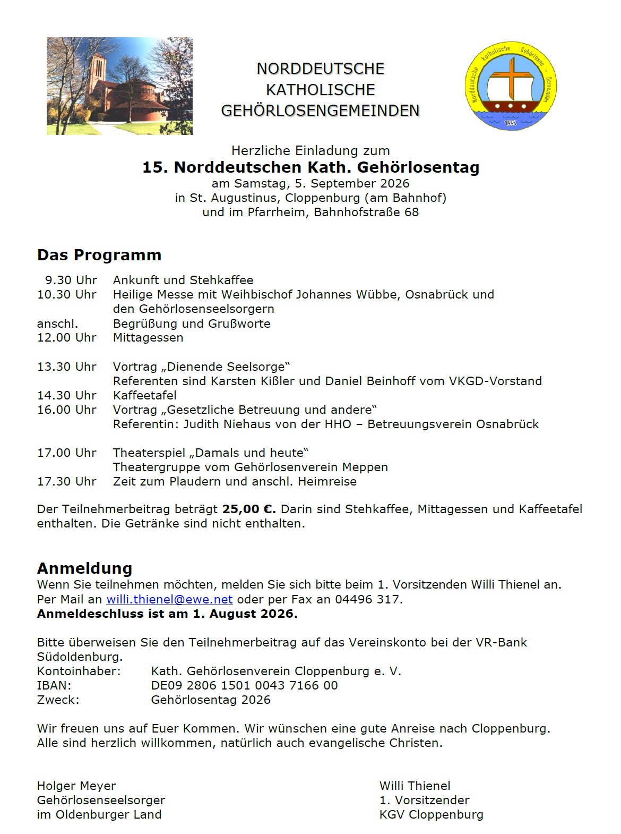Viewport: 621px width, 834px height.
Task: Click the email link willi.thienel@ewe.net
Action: tap(169, 599)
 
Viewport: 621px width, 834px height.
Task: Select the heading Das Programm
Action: tap(99, 255)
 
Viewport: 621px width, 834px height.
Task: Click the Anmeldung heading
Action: tap(84, 568)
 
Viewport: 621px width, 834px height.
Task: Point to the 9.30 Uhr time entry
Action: tap(71, 280)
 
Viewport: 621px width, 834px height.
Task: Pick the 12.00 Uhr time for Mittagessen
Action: tap(67, 337)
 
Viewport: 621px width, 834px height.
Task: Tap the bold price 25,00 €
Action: tap(249, 509)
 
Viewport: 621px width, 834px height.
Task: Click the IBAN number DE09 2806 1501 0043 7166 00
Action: tap(244, 685)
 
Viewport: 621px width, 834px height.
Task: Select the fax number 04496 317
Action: tap(368, 599)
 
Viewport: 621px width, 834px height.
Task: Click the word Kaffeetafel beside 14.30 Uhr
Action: tap(144, 395)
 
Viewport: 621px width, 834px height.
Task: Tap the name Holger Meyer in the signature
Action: tap(76, 786)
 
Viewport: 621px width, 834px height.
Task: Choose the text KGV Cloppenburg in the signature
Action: tap(431, 814)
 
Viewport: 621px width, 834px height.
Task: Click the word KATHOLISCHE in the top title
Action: tap(320, 89)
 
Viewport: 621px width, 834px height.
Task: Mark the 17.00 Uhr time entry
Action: tap(67, 453)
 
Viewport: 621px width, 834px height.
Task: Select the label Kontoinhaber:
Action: tap(79, 671)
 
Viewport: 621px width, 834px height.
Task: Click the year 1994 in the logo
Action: tap(510, 123)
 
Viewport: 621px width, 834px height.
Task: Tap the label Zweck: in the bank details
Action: tap(58, 700)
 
